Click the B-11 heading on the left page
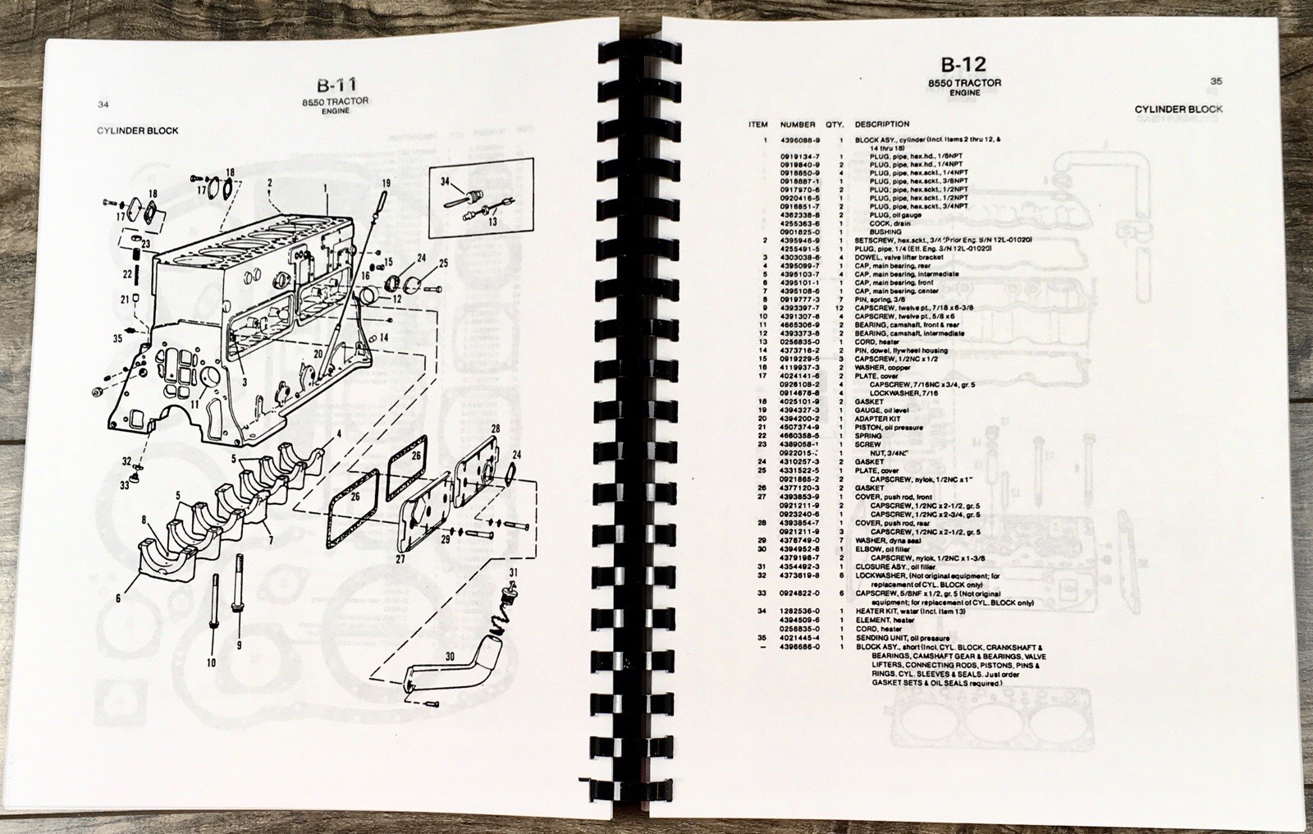tap(337, 85)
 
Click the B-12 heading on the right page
tap(963, 64)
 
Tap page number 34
tap(103, 104)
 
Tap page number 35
tap(1216, 81)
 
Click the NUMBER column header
tap(798, 125)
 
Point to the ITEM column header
tap(758, 125)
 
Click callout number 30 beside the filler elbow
tap(450, 657)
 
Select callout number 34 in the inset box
tap(444, 182)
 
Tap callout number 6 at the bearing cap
tap(118, 598)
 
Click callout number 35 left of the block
tap(117, 337)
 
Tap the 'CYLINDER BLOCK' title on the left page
tap(137, 131)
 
